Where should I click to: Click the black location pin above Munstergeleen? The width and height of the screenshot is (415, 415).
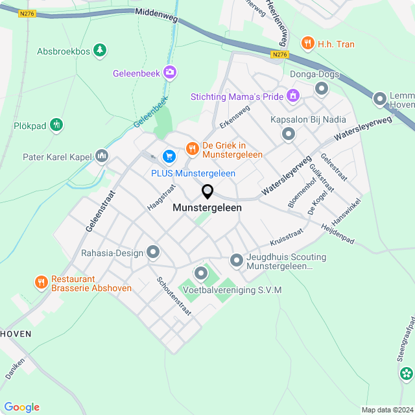(207, 192)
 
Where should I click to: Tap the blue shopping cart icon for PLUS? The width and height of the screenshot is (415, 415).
(169, 156)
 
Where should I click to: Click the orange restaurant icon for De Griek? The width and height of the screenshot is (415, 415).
(192, 149)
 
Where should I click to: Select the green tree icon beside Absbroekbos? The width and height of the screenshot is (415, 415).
(99, 50)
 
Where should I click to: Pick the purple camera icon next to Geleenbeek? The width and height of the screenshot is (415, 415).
(170, 73)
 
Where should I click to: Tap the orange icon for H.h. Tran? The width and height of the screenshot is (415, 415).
(307, 43)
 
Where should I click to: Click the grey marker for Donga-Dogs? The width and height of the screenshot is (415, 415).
(321, 88)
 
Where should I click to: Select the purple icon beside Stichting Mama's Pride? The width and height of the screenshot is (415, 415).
(292, 97)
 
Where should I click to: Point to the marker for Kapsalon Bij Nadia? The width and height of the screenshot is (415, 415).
(289, 134)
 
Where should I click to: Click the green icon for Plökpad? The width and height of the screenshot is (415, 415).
(56, 125)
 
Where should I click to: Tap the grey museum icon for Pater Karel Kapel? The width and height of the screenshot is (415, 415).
(102, 156)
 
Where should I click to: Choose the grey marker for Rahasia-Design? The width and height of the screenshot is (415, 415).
(153, 252)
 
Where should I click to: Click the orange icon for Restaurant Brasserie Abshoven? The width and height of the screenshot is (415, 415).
(41, 282)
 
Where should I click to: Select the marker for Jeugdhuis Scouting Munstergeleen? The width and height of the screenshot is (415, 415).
(236, 261)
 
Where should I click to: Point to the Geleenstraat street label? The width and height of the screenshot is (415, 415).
(99, 211)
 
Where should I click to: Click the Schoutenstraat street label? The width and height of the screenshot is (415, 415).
(174, 296)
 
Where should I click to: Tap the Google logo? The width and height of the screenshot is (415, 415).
(21, 407)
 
